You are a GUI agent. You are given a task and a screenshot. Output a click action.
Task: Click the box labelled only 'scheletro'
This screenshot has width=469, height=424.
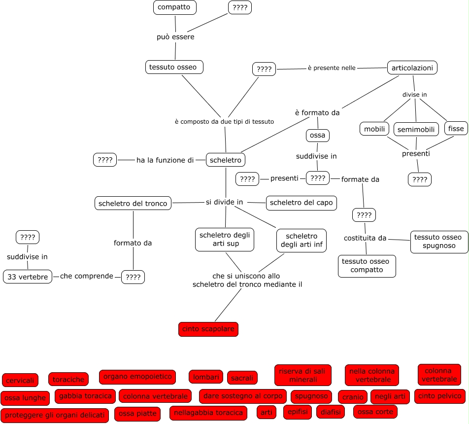click(x=225, y=160)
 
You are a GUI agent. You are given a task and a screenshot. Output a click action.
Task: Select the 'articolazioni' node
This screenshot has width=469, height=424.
click(x=412, y=68)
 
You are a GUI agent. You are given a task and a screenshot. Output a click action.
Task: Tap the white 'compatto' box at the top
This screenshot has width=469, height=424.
click(x=174, y=7)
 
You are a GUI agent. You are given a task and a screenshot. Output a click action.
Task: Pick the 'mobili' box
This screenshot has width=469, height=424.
click(x=374, y=129)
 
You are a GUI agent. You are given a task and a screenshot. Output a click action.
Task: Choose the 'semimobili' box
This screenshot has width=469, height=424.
click(x=416, y=129)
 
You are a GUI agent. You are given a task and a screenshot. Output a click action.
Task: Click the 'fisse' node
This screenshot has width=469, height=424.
click(x=456, y=129)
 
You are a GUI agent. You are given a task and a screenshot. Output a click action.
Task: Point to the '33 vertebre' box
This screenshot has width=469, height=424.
click(x=28, y=277)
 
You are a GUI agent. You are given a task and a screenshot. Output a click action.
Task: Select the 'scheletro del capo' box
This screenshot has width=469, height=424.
click(x=301, y=202)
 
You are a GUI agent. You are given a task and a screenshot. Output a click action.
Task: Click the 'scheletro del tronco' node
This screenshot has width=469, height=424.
click(x=133, y=203)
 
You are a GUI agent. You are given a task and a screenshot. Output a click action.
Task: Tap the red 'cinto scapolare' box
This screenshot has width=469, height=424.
click(x=208, y=329)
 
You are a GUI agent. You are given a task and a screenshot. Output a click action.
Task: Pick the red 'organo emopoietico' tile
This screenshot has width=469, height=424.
click(x=137, y=377)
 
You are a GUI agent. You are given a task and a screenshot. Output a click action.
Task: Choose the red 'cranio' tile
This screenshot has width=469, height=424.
click(x=353, y=397)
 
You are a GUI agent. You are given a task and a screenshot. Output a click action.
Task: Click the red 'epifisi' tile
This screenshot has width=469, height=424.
click(x=298, y=412)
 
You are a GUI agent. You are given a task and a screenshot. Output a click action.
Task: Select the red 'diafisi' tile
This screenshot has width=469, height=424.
click(x=331, y=412)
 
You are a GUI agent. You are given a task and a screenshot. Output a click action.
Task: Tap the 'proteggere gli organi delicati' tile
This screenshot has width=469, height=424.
click(x=55, y=415)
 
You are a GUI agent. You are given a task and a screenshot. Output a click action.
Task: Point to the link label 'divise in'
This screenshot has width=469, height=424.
click(x=414, y=94)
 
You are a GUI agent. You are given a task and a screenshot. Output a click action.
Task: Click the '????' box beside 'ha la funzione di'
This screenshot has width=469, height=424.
click(x=105, y=160)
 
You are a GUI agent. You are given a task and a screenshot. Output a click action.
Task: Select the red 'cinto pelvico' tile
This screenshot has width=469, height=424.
click(x=440, y=395)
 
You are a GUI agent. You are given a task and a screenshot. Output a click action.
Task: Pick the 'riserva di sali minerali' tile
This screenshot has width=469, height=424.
click(x=303, y=375)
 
